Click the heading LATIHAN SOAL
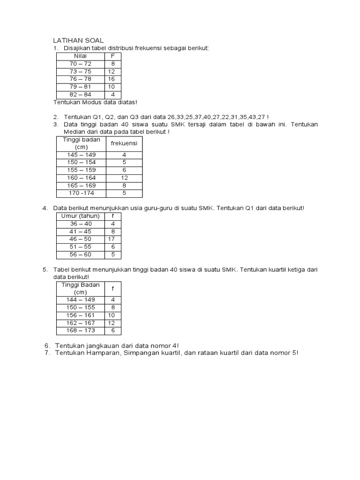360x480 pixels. (78, 41)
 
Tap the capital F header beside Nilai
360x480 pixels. (112, 56)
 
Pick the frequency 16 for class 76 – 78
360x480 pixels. (112, 79)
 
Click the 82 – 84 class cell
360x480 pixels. (81, 94)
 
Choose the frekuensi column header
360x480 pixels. (124, 143)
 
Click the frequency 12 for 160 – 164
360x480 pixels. (124, 178)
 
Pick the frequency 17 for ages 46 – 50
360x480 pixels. (112, 239)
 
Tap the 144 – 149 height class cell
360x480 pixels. (81, 300)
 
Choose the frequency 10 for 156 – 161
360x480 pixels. (112, 315)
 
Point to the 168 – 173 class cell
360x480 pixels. (81, 330)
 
